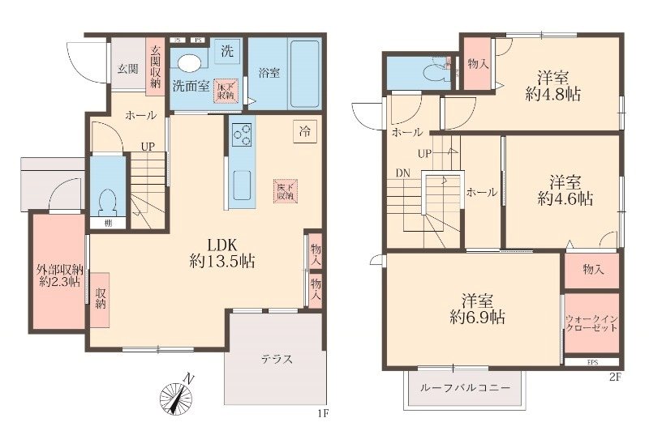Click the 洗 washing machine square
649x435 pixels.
pyautogui.click(x=227, y=50)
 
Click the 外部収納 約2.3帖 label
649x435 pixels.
pyautogui.click(x=59, y=275)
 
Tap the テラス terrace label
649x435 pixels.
pyautogui.click(x=276, y=360)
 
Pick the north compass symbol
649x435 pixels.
pyautogui.click(x=177, y=396)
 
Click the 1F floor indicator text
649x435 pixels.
pyautogui.click(x=324, y=413)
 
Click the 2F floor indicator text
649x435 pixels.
pyautogui.click(x=615, y=377)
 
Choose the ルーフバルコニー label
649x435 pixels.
pyautogui.click(x=465, y=389)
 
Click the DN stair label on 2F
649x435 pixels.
pyautogui.click(x=403, y=173)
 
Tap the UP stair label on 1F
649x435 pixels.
pyautogui.click(x=148, y=147)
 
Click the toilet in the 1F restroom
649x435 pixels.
pyautogui.click(x=104, y=198)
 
